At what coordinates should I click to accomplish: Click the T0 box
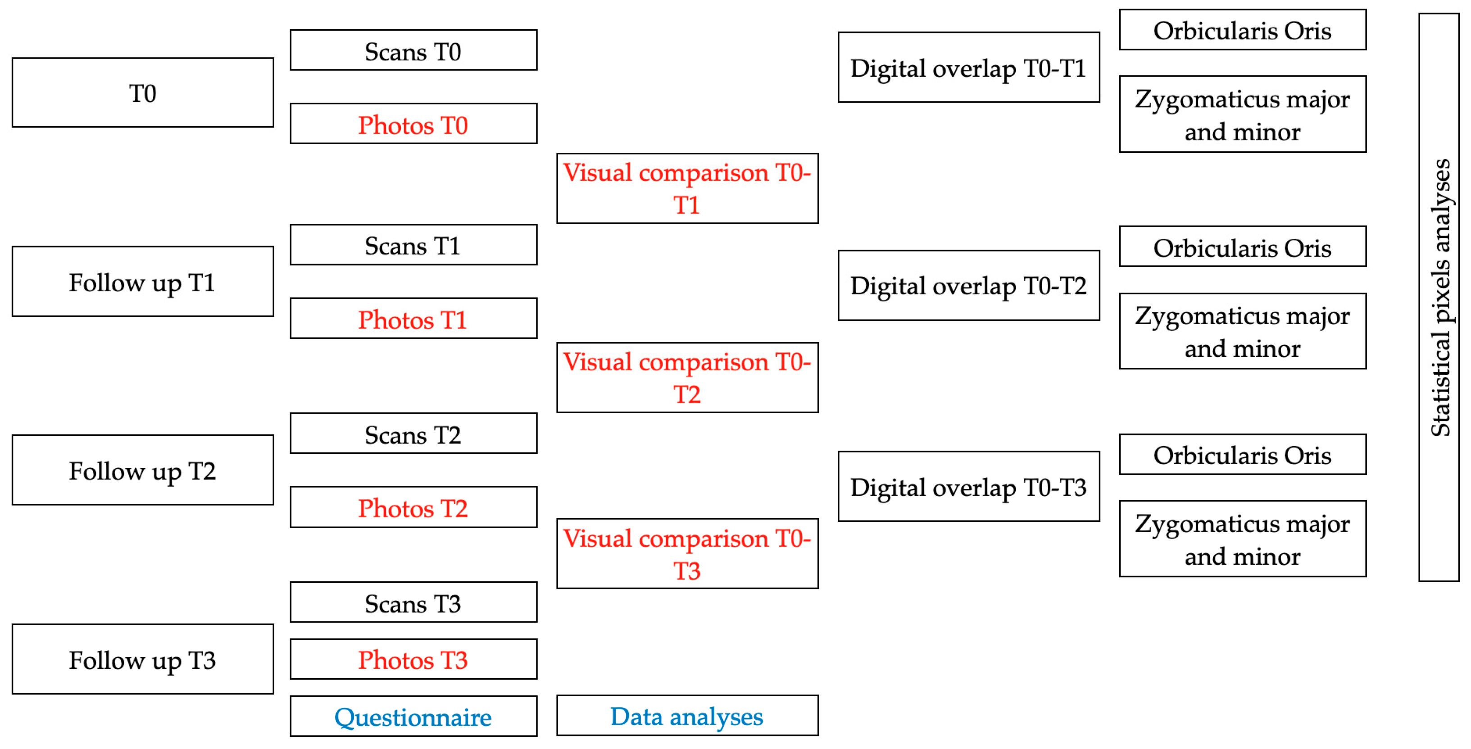[143, 92]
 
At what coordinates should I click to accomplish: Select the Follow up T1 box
[143, 282]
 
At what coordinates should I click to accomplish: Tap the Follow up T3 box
[143, 659]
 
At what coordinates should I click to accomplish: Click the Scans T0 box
[413, 50]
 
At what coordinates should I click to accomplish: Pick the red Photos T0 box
[413, 124]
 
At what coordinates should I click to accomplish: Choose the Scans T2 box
[413, 434]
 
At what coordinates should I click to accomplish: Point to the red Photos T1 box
[413, 319]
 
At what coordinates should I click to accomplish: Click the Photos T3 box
[413, 659]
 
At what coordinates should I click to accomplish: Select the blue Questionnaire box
[413, 717]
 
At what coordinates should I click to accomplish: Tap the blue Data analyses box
[687, 716]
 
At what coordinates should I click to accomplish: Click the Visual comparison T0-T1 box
[687, 188]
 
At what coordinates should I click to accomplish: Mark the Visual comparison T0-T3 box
[687, 554]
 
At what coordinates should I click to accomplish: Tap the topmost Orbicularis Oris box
[1243, 30]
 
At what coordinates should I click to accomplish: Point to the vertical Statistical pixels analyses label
[1439, 297]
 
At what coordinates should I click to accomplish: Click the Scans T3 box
[413, 603]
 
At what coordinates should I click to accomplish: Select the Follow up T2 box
[143, 470]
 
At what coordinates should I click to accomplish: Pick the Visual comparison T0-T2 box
[687, 378]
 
